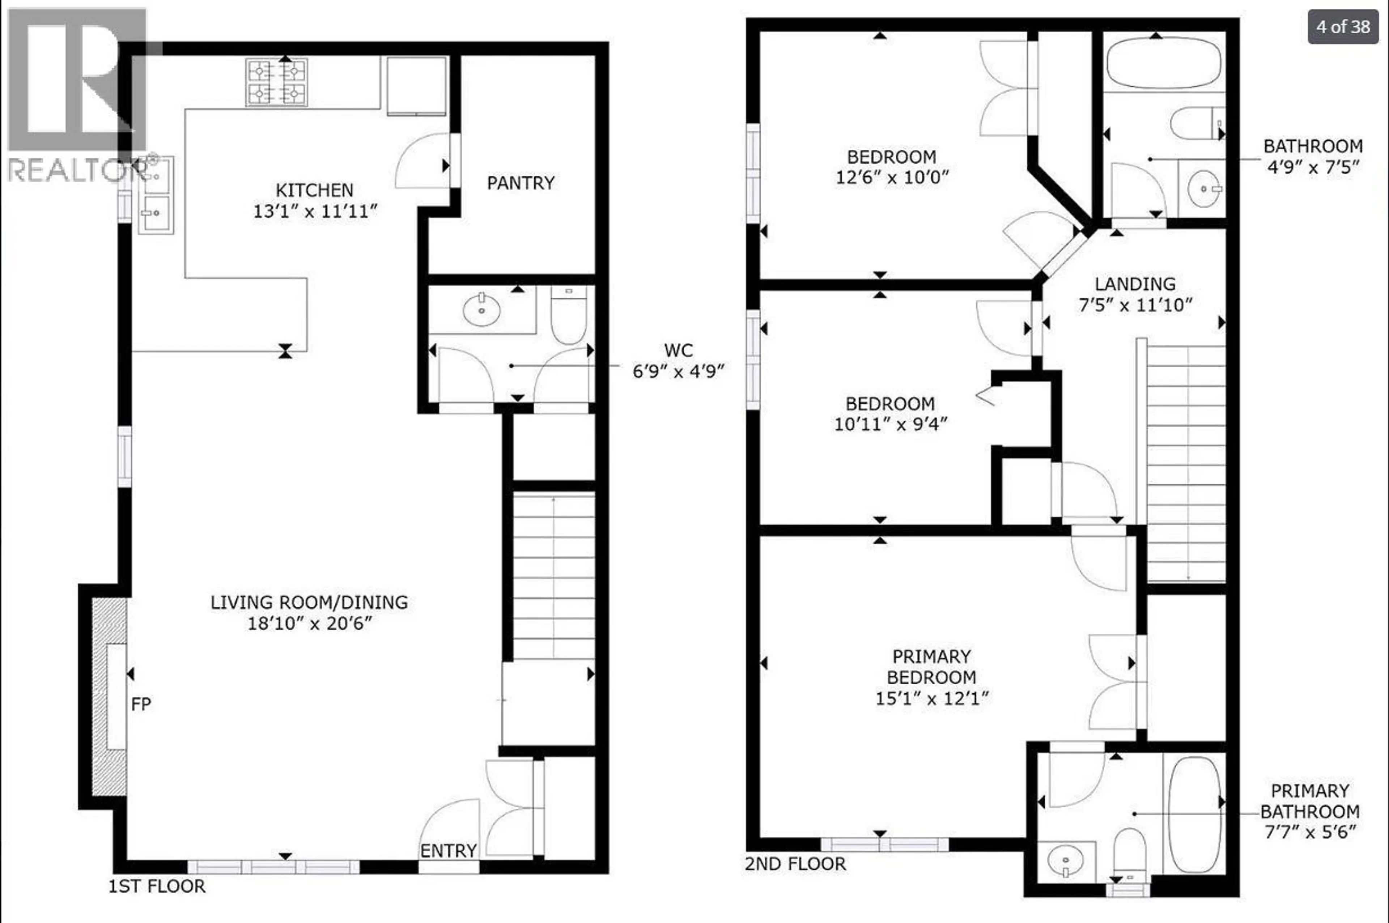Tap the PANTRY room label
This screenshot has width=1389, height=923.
520,183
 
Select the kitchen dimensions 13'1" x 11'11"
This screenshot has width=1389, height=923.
315,211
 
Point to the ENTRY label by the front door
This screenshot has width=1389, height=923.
448,851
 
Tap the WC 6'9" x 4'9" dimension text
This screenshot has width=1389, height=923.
678,371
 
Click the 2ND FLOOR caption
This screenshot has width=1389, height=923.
795,864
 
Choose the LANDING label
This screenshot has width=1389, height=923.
1135,284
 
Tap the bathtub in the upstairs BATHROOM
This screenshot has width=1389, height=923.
1164,63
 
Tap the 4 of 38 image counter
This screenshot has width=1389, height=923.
1342,26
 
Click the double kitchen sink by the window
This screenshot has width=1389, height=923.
156,195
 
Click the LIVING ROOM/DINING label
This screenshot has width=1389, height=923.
309,602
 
